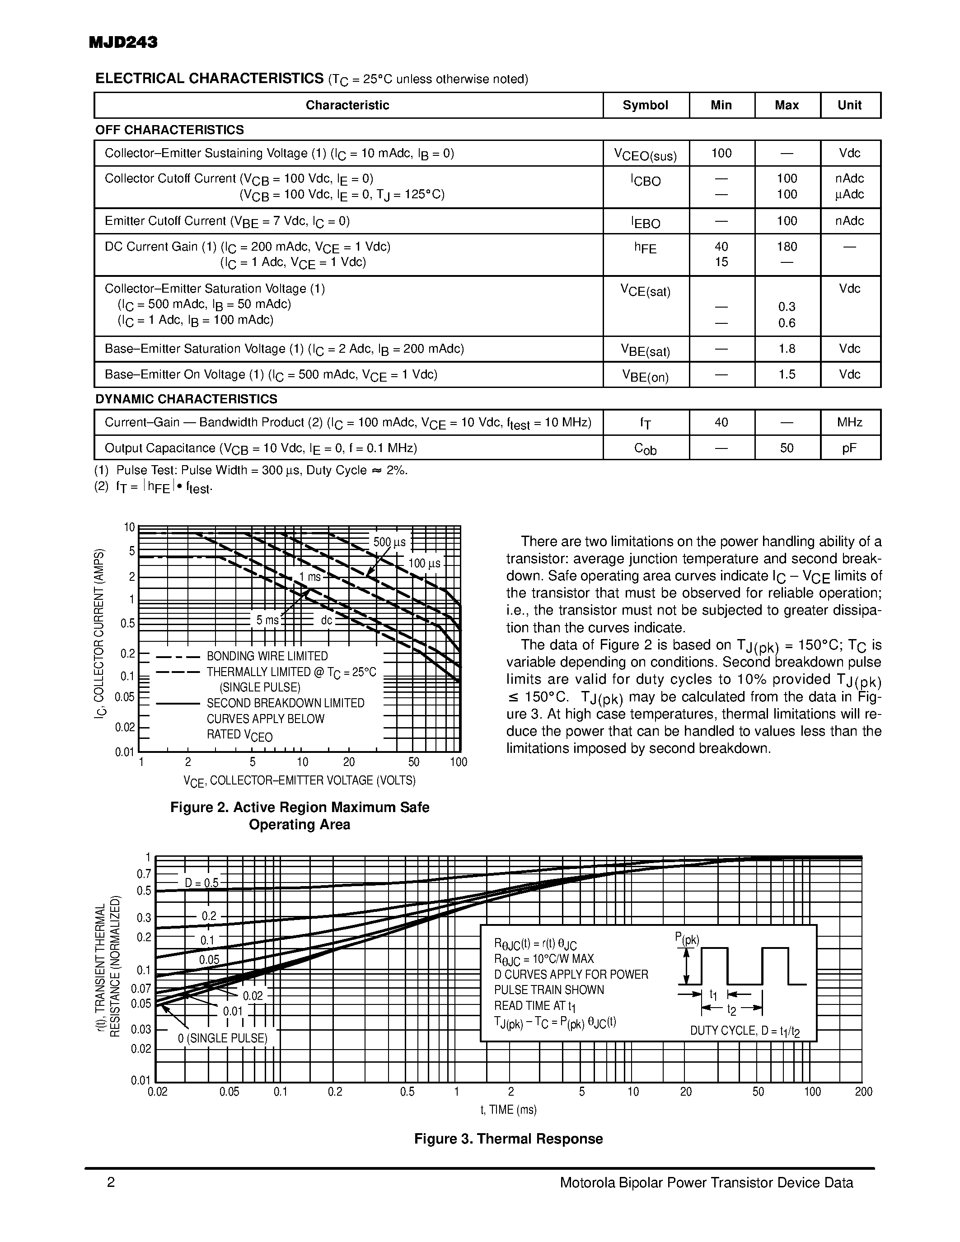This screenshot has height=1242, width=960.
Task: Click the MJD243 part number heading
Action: tap(123, 42)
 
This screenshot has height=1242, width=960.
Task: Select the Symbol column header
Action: tap(645, 105)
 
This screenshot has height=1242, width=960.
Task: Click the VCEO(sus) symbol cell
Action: tap(645, 154)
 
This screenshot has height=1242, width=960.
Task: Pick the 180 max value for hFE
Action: tap(787, 247)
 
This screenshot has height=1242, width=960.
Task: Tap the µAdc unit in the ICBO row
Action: tap(849, 195)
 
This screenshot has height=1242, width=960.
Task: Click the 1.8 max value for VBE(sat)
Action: tap(787, 349)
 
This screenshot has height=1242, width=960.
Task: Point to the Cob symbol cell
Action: tap(645, 448)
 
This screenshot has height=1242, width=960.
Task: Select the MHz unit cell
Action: tap(849, 423)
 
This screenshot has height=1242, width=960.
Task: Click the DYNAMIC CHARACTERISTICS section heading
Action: tap(186, 399)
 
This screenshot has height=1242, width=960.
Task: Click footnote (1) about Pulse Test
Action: tap(250, 470)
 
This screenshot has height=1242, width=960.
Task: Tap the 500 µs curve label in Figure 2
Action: tap(389, 542)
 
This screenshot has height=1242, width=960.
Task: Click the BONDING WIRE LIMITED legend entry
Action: tap(267, 656)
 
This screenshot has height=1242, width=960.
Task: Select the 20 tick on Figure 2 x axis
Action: tap(349, 762)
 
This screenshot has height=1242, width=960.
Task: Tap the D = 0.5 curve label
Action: tap(201, 883)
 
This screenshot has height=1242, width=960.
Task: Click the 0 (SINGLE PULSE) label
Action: tap(222, 1038)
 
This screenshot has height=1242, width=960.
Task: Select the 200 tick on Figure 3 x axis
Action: tap(863, 1091)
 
